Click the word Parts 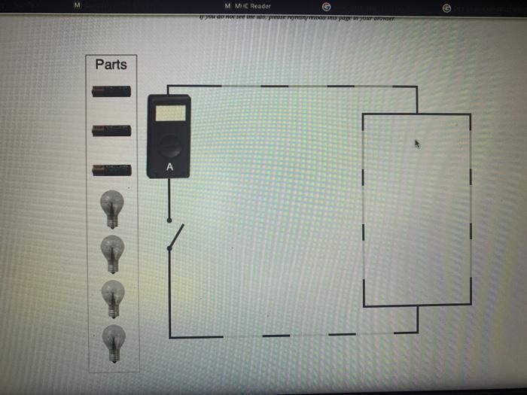(111, 65)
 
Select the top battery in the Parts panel (111, 92)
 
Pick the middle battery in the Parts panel (111, 131)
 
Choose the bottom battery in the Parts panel (111, 170)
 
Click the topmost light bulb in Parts (112, 208)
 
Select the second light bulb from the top (112, 253)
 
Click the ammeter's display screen (169, 113)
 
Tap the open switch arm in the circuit (175, 236)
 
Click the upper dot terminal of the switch (169, 220)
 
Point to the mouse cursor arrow (417, 143)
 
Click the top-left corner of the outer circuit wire (169, 87)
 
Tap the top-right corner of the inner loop (470, 115)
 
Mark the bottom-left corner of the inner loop (364, 306)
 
